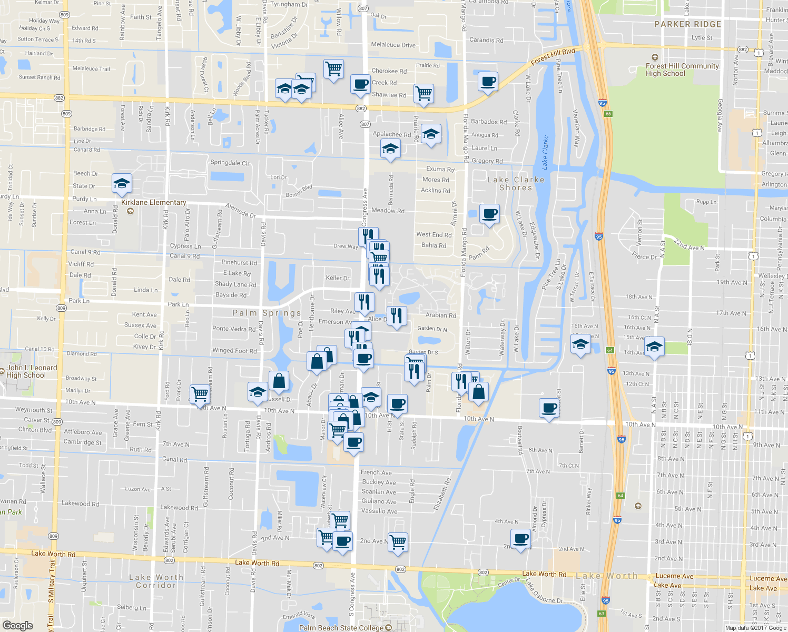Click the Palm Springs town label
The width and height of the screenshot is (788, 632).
point(267,313)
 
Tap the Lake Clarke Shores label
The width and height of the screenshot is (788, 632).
point(516,183)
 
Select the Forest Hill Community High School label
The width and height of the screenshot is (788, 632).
point(682,70)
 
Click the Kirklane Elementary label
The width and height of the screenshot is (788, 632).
point(153,202)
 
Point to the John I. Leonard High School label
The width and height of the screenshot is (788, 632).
point(32,371)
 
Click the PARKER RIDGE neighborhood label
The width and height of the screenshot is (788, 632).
point(687,24)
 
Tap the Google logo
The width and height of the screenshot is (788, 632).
point(17,625)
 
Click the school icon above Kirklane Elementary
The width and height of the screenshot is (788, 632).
point(122,183)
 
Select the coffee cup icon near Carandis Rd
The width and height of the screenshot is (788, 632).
point(488,82)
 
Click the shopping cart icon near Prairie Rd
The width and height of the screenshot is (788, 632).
point(424,94)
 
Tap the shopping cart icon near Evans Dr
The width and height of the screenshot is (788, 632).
point(200,393)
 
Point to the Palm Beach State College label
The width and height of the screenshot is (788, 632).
point(341,628)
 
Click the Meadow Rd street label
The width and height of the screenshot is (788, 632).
point(388,211)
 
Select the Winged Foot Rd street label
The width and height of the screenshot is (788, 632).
point(234,351)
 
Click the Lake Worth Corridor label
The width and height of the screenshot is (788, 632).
point(156,581)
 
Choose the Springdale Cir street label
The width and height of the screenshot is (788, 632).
point(230,163)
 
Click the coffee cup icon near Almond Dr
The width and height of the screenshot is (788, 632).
point(521,539)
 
